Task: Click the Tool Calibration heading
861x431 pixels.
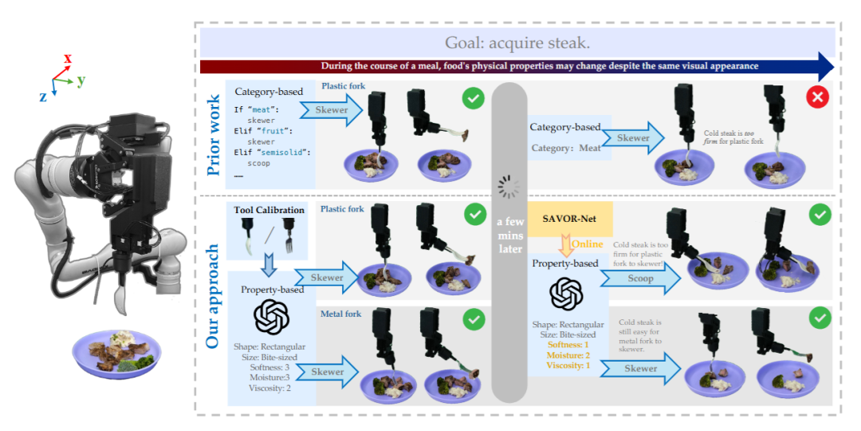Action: point(269,210)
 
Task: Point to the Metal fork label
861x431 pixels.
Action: point(341,314)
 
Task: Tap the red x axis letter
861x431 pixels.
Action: point(68,58)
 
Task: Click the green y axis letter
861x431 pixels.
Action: point(81,80)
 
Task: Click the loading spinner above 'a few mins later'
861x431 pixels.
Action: point(509,188)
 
